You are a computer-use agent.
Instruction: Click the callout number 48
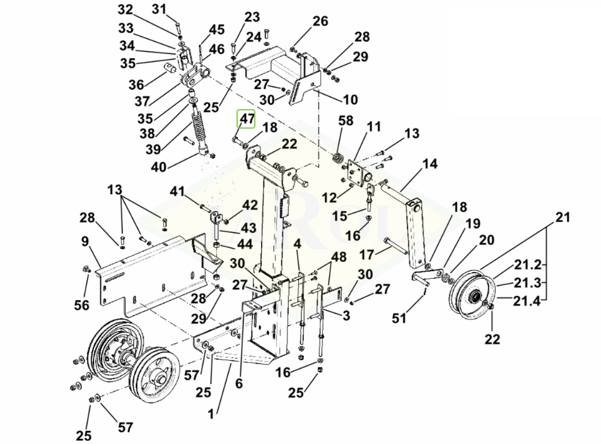coord(339,257)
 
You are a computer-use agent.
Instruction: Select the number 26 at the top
coord(320,21)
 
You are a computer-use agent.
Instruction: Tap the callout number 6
coord(239,382)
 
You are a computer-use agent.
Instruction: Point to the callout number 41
coord(177,191)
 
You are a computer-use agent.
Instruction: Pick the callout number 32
coord(125,9)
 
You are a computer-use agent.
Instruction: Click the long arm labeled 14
coord(415,230)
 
